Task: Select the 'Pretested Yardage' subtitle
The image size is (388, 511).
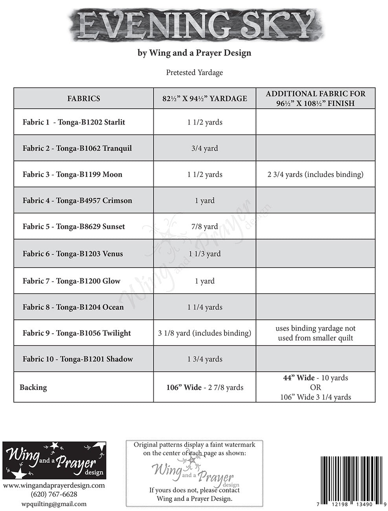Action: pyautogui.click(x=194, y=73)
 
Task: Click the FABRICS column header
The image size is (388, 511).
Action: pyautogui.click(x=83, y=98)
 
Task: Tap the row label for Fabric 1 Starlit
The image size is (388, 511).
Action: pyautogui.click(x=74, y=122)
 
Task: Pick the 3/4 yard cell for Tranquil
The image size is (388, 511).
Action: pyautogui.click(x=205, y=149)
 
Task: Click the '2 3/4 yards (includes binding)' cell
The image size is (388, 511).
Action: pyautogui.click(x=315, y=175)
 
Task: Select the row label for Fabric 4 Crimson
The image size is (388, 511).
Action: pyautogui.click(x=77, y=200)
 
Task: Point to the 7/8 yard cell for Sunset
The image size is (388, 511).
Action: pyautogui.click(x=205, y=226)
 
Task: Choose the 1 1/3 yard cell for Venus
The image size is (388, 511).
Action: pyautogui.click(x=205, y=254)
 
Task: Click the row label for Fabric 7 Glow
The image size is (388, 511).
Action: pyautogui.click(x=72, y=281)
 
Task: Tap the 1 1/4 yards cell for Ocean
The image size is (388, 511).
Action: pyautogui.click(x=205, y=307)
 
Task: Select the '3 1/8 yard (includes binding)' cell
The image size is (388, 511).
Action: pyautogui.click(x=205, y=333)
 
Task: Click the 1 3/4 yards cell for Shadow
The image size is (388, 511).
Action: pyautogui.click(x=205, y=359)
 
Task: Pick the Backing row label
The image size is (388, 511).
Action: pyautogui.click(x=33, y=388)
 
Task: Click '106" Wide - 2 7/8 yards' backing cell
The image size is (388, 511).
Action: pyautogui.click(x=205, y=388)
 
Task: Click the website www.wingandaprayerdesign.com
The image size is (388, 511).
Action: pyautogui.click(x=54, y=485)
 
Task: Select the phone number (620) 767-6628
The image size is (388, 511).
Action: pyautogui.click(x=54, y=494)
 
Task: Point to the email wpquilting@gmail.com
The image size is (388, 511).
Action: pyautogui.click(x=54, y=504)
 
